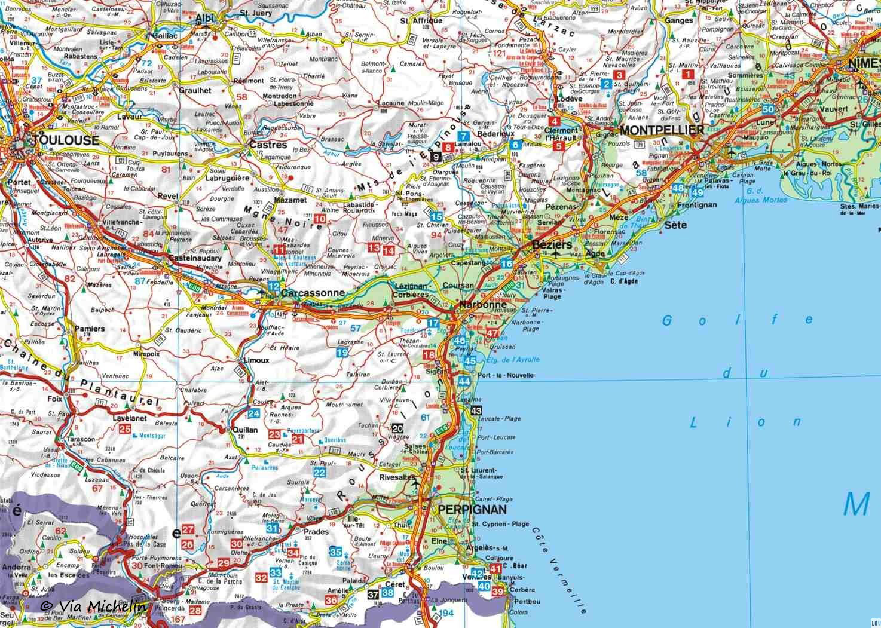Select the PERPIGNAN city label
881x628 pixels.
click(x=472, y=510)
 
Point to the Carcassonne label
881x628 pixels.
click(x=313, y=293)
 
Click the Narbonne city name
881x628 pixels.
click(x=483, y=305)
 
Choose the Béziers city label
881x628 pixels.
click(x=548, y=246)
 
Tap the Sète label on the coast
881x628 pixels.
click(x=676, y=225)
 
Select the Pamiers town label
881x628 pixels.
click(x=90, y=329)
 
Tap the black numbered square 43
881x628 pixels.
click(x=476, y=411)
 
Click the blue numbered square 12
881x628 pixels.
click(x=274, y=286)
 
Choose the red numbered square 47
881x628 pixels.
click(x=492, y=333)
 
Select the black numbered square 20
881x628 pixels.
click(x=398, y=428)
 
